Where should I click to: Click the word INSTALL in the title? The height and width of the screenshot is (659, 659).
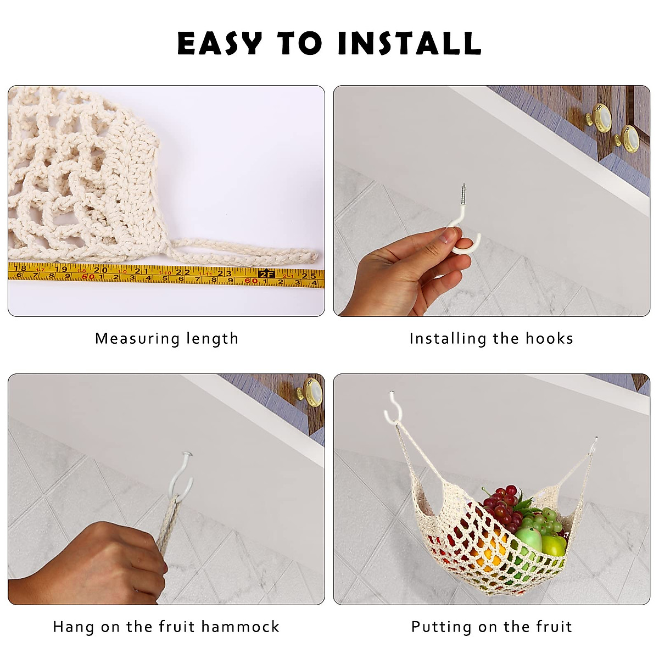[x=409, y=44]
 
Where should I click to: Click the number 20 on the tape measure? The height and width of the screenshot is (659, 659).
[x=100, y=270]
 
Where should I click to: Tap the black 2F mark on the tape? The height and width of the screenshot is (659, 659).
[x=266, y=273]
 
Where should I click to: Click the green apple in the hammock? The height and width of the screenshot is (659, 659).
[x=529, y=538]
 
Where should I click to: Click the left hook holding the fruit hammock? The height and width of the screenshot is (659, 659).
[x=393, y=409]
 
